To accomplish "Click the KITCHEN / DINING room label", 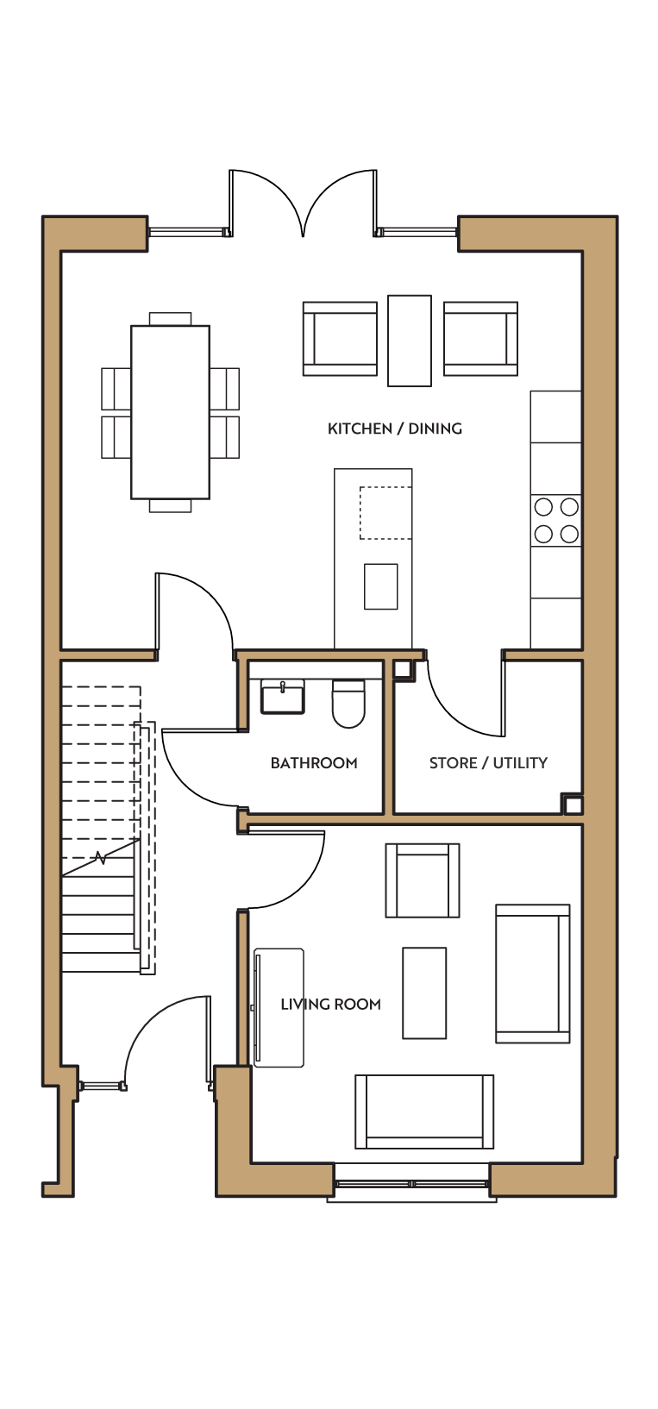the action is [x=394, y=429].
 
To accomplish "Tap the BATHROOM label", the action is [x=314, y=763].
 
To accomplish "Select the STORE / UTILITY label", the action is [x=488, y=763].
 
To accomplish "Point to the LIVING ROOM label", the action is [x=331, y=1005].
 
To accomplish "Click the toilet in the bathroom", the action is [x=348, y=704].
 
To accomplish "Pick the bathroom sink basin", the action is [x=283, y=697].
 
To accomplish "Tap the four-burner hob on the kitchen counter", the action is [x=556, y=520].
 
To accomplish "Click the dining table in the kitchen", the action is [x=170, y=412].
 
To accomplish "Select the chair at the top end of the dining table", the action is [x=170, y=319].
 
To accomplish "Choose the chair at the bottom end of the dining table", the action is [x=170, y=505].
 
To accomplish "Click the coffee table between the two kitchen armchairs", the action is [x=410, y=341].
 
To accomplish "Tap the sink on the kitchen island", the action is [x=380, y=586].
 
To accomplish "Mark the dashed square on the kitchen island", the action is [x=385, y=513].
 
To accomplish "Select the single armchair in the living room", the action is [x=423, y=880].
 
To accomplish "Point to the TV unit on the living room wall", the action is [x=279, y=1008].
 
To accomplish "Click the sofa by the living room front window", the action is [x=424, y=1112].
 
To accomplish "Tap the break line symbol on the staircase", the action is [x=100, y=857].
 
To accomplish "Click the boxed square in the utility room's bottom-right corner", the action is [x=572, y=804].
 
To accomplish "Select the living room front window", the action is [x=411, y=1184].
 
